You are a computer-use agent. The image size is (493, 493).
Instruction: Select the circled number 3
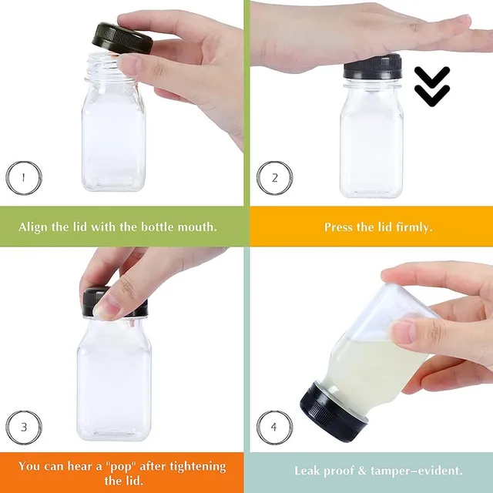tap(23, 426)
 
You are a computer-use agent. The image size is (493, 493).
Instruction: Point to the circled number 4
tap(273, 426)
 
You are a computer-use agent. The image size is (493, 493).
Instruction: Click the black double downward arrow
tap(431, 86)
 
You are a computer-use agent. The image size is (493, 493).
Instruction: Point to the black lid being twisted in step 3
tap(116, 303)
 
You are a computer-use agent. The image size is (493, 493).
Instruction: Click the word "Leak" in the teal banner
tap(310, 470)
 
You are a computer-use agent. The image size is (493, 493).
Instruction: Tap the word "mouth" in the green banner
tap(194, 227)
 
